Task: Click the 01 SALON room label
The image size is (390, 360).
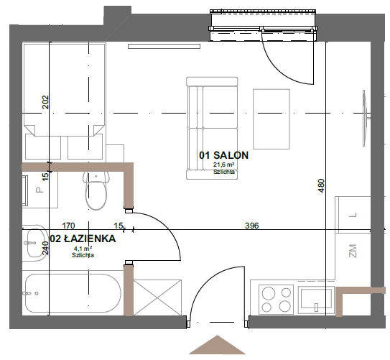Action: pos(223,155)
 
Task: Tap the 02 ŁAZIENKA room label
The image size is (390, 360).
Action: pos(83,239)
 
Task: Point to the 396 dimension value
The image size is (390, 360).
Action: pos(251,226)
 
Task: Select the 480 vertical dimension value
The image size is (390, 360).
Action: pos(321,185)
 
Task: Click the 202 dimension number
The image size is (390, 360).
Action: pos(45,102)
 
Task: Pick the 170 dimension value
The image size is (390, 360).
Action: pos(68,226)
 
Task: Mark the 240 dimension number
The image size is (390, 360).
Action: pos(45,248)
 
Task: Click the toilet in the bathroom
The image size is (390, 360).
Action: pos(96,190)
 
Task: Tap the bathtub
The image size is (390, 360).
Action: pos(73,293)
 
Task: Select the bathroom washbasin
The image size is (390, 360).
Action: pos(34,243)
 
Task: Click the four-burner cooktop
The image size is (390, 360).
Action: pos(276,300)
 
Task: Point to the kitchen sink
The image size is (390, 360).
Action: pos(316,300)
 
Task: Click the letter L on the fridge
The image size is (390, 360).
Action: pos(353,215)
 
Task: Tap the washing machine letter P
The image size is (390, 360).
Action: pos(40,190)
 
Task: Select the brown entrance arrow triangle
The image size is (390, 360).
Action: pos(218,345)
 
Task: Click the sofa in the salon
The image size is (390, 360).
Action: pos(212,128)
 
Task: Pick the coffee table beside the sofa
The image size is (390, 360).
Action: pos(271,119)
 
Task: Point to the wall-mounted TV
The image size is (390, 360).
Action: pos(366,118)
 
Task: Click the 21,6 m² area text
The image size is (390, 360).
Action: pos(224,165)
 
